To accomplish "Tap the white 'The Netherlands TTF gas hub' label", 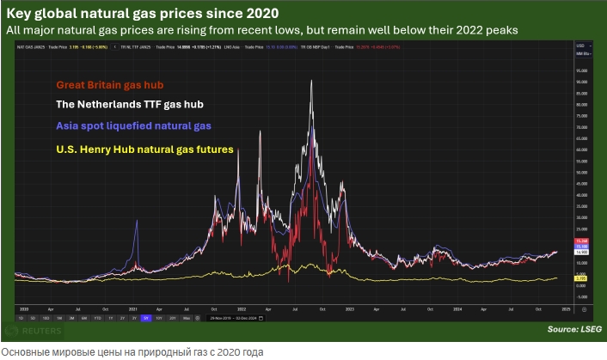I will pos(130,106).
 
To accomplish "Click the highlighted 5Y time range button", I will pos(145,317).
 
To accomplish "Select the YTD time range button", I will pos(99,317).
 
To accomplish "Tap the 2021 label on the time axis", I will pos(134,306).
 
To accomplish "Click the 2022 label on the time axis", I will pos(242,306).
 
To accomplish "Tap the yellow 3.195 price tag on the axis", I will pos(581,278).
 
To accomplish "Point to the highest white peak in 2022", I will pos(310,81).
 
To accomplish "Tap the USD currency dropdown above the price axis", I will pos(581,45).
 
